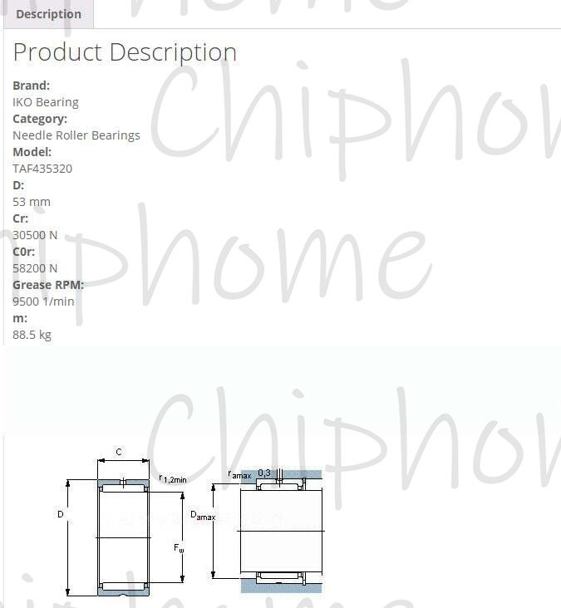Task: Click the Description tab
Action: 48,14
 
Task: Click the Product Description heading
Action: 125,52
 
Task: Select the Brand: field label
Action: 31,86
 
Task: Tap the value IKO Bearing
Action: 46,102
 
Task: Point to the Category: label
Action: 40,119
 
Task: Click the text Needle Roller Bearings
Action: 76,135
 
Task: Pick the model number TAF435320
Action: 42,169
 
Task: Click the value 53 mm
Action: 32,202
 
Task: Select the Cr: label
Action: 20,218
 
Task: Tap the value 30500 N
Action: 35,235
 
